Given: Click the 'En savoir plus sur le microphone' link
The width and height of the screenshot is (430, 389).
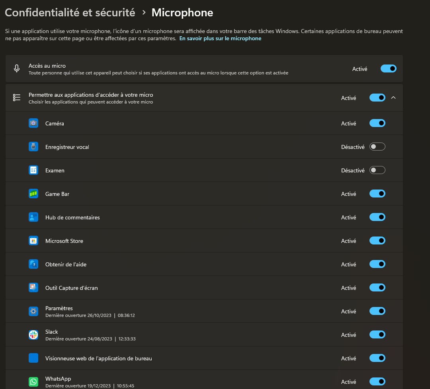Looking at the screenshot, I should (220, 39).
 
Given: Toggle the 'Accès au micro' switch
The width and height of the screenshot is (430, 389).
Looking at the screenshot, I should (388, 68).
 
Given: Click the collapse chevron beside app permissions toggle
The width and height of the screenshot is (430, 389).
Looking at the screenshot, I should (393, 98).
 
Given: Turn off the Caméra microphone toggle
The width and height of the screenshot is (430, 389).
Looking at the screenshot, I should (377, 123).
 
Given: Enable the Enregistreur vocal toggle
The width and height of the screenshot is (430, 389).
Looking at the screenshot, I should (377, 147).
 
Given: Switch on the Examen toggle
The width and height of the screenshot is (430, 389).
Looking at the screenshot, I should (377, 170).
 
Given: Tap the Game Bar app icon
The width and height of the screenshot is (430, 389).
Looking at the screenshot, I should (33, 194).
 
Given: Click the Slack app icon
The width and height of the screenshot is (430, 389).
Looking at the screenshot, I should (33, 335).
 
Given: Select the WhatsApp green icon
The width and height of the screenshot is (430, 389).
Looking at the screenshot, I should (33, 382).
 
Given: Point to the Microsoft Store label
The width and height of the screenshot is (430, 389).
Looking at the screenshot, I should (64, 241).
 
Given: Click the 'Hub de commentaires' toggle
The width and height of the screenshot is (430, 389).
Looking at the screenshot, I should (377, 217).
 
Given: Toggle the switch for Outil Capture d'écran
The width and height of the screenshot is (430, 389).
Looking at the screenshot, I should (377, 288).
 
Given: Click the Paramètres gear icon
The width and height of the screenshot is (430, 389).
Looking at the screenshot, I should (33, 311).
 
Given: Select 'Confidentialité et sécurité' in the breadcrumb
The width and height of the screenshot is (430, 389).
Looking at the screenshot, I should (70, 13).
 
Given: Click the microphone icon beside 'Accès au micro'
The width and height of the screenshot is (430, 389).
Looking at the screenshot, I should (17, 68).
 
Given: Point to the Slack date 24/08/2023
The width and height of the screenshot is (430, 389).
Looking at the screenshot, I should (100, 339).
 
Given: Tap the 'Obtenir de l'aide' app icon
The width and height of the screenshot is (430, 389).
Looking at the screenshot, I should (33, 264).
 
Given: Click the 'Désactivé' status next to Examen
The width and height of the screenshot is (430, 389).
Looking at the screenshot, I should (353, 170).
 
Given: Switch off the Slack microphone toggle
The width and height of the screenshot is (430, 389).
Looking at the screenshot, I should (377, 335).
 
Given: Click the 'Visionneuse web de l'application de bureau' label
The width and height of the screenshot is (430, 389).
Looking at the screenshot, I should (99, 358).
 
